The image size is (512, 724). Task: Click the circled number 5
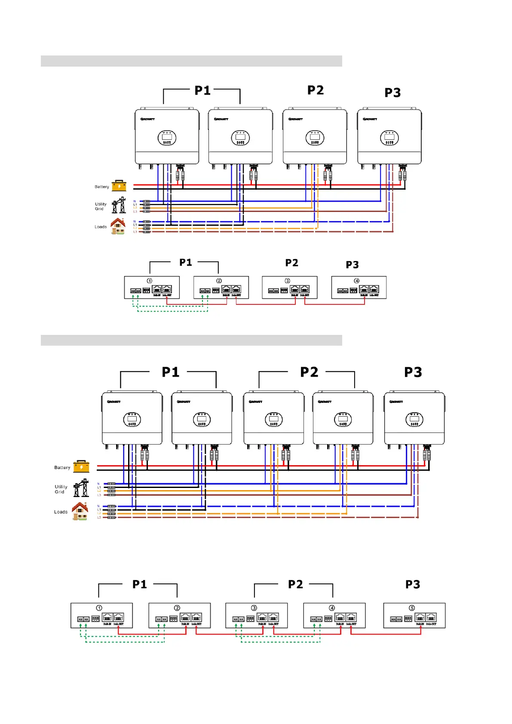(x=412, y=608)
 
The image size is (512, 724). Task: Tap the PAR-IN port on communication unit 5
(x=420, y=617)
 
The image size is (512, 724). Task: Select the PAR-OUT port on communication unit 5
(x=431, y=617)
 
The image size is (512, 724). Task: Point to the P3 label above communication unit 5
(x=413, y=584)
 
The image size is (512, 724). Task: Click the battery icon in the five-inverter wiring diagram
(x=81, y=466)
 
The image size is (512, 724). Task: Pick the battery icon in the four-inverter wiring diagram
(x=119, y=186)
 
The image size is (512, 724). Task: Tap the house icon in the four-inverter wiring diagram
(x=118, y=226)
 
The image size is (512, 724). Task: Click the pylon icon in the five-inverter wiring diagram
(x=81, y=488)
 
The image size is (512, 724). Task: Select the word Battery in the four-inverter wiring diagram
(x=102, y=187)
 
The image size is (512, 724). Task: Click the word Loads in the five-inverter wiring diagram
(x=61, y=512)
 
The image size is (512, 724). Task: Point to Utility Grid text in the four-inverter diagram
(x=101, y=206)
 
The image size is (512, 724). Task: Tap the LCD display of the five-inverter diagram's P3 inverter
(x=414, y=419)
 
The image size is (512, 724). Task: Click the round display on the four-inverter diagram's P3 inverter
(x=389, y=138)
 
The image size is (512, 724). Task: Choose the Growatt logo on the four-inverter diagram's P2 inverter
(x=295, y=119)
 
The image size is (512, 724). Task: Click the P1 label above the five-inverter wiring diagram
(x=171, y=372)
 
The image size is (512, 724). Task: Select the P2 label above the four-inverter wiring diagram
(x=316, y=90)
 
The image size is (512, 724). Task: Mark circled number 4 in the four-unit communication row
(x=356, y=281)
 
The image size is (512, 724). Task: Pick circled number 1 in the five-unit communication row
(x=99, y=608)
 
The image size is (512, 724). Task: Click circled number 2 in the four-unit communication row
(x=219, y=281)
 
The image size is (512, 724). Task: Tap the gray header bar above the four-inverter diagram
(x=191, y=61)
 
